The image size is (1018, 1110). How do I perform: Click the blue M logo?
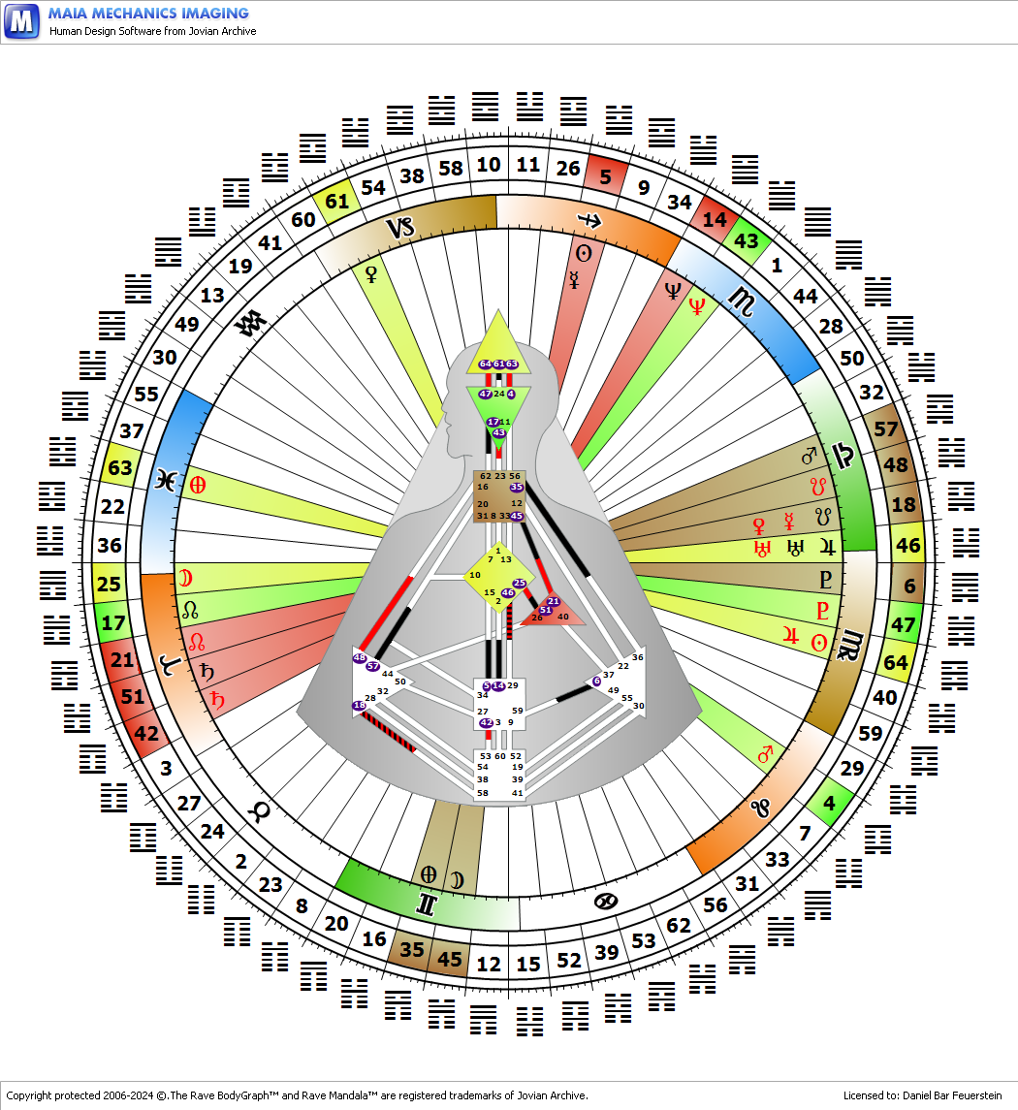coord(21,20)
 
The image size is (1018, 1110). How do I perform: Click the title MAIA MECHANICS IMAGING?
coord(148,14)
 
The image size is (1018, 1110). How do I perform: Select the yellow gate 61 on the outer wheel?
coord(336,201)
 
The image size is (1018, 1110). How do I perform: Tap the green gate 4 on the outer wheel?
coord(828,804)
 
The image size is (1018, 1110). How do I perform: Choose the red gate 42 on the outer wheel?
coord(145,734)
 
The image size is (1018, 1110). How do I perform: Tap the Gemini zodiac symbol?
coord(426,904)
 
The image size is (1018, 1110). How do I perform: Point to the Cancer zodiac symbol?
coord(605,902)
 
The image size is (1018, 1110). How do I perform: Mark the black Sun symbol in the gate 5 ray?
coord(584,254)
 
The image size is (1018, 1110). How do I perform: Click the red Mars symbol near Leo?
coord(765,753)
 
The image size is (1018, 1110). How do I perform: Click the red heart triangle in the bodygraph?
coord(555,611)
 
